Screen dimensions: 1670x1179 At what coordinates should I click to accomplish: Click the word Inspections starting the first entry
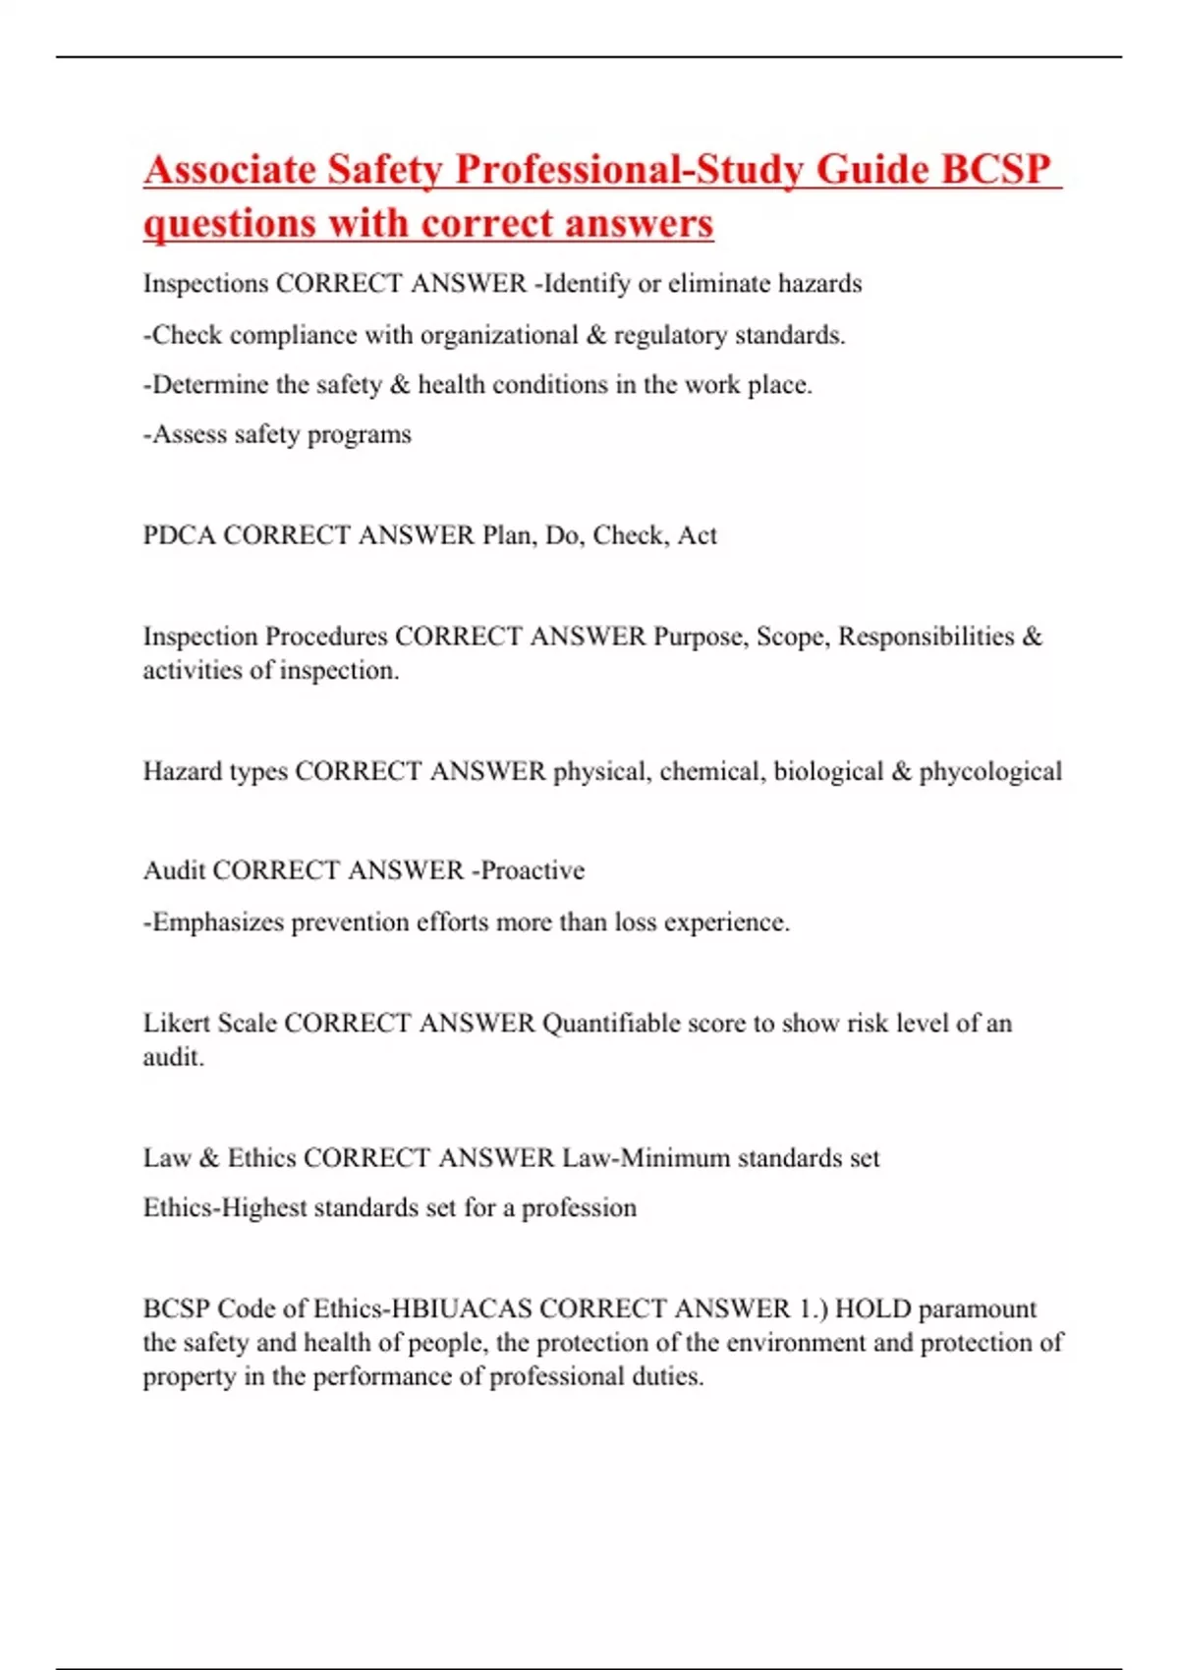click(x=205, y=284)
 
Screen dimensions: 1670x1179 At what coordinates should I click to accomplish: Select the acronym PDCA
click(x=179, y=535)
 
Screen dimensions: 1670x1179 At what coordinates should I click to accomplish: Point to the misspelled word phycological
click(x=990, y=772)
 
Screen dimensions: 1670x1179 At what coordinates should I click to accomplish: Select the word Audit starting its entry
click(x=174, y=870)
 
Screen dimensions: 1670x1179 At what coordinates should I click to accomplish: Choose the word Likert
click(x=176, y=1024)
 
